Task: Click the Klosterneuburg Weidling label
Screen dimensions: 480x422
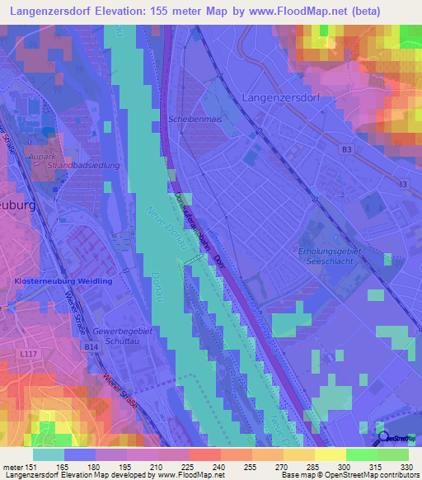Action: pyautogui.click(x=55, y=282)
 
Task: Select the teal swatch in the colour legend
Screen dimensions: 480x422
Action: pyautogui.click(x=49, y=454)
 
